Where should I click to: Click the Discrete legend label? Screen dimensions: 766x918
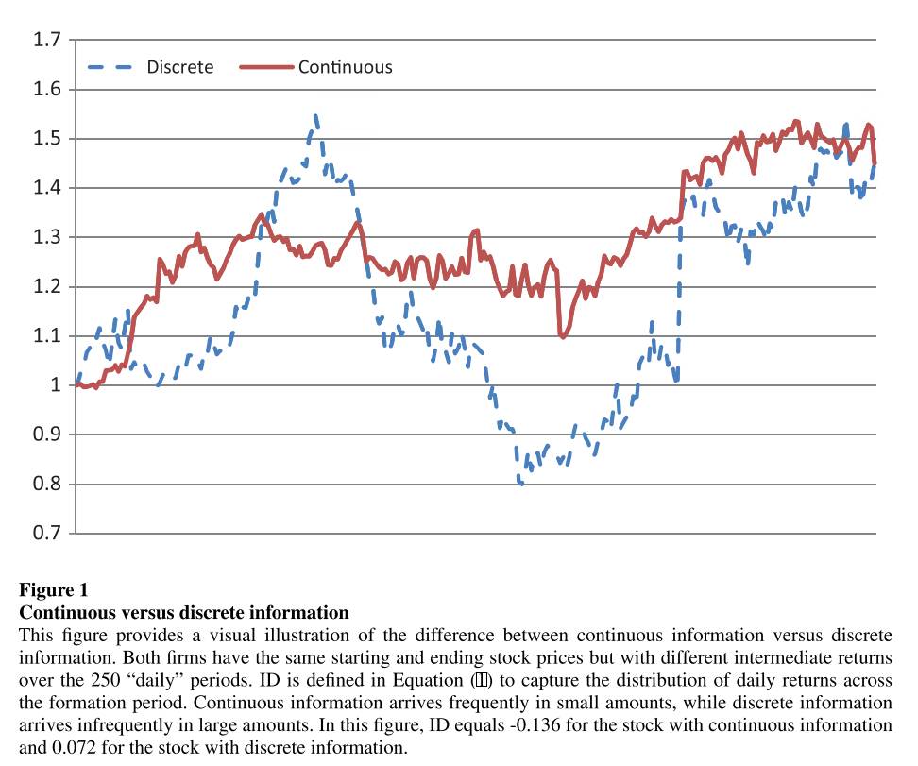[x=179, y=67]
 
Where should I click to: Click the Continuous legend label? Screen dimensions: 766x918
[x=345, y=67]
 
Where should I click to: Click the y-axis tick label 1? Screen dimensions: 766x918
[x=56, y=385]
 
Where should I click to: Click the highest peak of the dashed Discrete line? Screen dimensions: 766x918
[x=315, y=115]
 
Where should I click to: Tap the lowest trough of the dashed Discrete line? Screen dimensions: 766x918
[x=520, y=483]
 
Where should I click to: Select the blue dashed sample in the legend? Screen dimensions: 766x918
[x=111, y=67]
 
